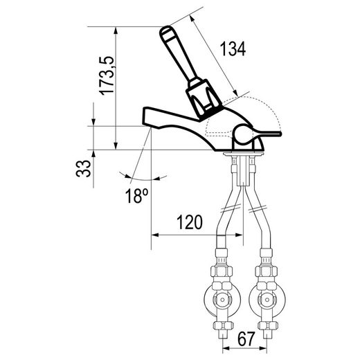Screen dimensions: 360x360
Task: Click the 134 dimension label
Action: coord(233,48)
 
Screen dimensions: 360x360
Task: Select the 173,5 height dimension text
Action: coord(107,75)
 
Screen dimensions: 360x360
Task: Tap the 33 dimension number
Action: coord(83,168)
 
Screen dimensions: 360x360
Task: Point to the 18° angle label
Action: coord(136,196)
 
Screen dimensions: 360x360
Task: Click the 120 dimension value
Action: coord(190,222)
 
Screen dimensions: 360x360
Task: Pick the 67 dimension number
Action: coord(246,339)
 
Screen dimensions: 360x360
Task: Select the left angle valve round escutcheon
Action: coord(222,300)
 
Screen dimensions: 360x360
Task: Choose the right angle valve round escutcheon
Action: coord(267,300)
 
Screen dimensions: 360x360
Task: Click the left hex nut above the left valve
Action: coord(222,271)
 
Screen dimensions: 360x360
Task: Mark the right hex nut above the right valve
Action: coord(266,271)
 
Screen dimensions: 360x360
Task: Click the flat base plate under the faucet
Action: coord(243,154)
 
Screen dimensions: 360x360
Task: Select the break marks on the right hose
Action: coord(258,209)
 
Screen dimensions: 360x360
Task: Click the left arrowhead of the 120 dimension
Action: coord(154,235)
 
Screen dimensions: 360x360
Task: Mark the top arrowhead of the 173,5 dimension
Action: coord(116,31)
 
